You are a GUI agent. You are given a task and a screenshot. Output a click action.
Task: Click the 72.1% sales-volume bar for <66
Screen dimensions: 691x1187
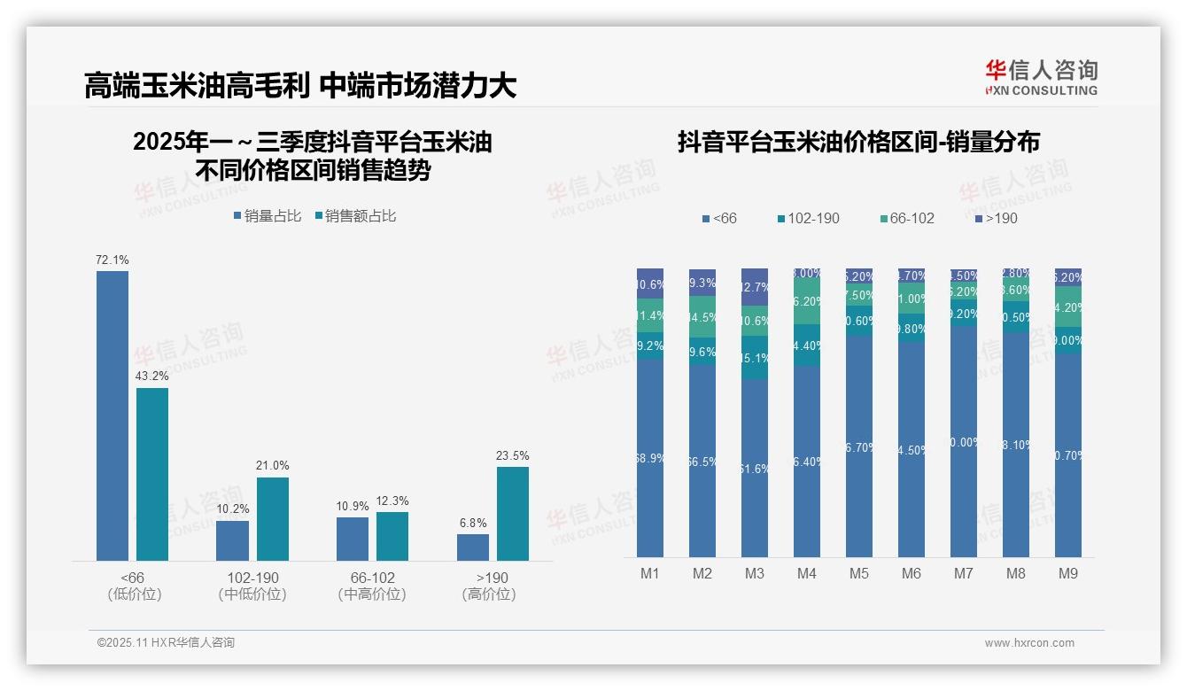pos(112,415)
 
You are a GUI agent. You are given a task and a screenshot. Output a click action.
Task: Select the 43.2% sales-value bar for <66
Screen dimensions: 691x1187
pos(152,474)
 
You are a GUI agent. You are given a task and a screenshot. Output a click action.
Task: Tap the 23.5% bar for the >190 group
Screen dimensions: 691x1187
pos(513,514)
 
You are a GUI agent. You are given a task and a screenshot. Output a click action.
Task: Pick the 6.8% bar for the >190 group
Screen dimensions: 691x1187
pos(473,547)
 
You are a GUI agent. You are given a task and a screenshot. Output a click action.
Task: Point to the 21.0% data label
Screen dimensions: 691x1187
pos(273,466)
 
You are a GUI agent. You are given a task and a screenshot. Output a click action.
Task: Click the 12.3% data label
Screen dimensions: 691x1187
pos(392,501)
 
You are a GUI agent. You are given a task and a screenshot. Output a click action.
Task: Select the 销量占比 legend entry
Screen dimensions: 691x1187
pos(267,216)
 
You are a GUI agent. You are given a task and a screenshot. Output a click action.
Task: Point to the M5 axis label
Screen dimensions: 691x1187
pos(859,574)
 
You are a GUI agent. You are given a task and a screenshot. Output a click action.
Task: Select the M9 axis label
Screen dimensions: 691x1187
pos(1068,574)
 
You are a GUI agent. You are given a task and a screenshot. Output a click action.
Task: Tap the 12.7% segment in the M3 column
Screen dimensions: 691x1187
pos(755,287)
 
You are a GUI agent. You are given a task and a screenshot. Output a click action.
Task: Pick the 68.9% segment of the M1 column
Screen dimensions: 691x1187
pos(650,458)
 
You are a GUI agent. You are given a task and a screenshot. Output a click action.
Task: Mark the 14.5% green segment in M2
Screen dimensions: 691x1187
pos(702,316)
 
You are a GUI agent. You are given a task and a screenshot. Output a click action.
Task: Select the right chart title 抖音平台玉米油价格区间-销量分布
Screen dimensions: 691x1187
pos(858,143)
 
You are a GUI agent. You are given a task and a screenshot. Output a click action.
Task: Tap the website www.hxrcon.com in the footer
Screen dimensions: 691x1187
pos(1029,643)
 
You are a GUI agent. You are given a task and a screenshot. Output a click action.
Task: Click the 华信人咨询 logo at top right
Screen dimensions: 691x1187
pos(1041,77)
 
